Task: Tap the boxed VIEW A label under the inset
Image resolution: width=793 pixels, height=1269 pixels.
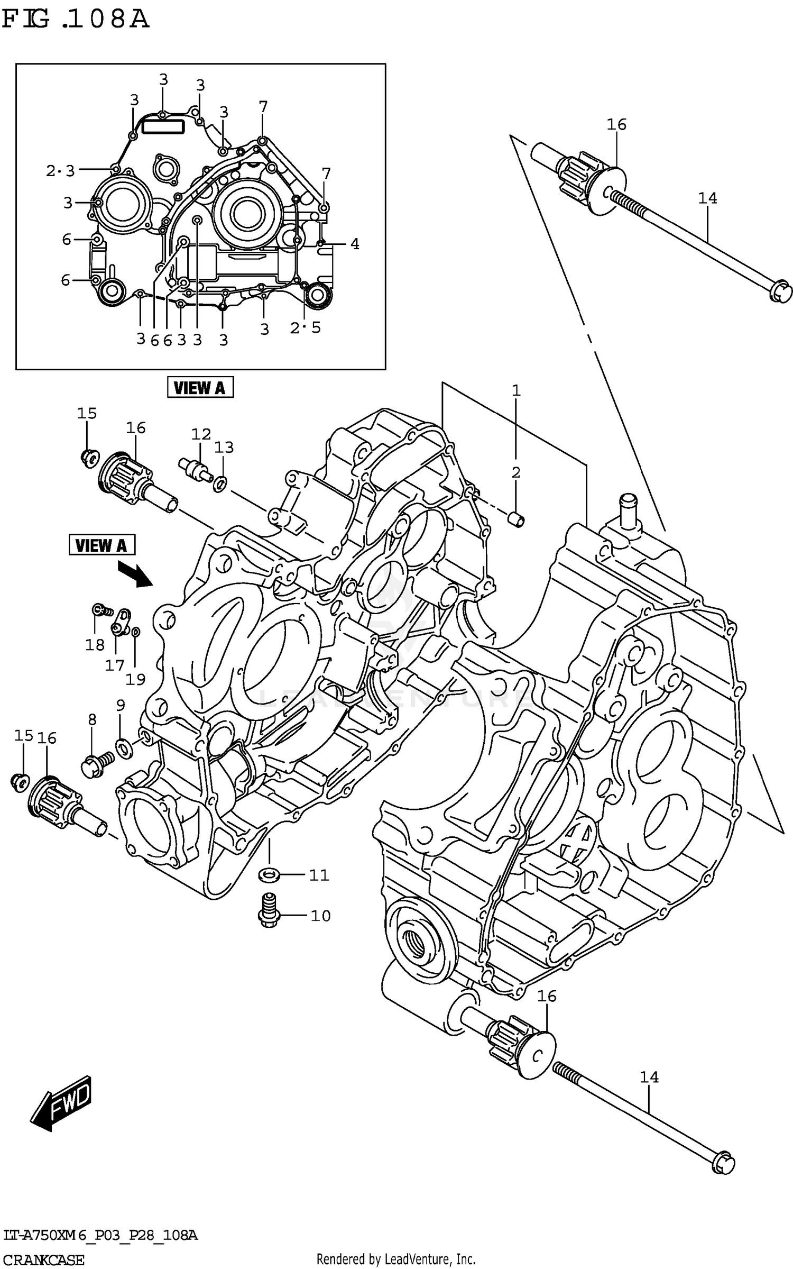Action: point(200,388)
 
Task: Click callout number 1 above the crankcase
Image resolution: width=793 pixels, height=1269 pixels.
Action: point(516,390)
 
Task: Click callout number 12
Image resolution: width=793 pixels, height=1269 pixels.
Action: point(201,434)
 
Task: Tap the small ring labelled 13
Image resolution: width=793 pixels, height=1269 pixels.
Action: point(220,482)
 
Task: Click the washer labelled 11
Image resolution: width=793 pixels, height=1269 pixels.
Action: point(269,874)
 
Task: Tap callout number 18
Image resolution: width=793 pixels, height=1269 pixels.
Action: point(95,645)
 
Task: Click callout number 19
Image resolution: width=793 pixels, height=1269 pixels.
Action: point(135,679)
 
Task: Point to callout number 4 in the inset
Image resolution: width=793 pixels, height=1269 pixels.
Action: point(355,244)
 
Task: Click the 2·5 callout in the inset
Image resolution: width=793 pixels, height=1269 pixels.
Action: point(305,328)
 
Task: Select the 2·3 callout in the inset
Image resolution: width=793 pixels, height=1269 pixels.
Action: point(60,171)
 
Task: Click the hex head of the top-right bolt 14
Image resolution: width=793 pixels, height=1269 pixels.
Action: point(780,293)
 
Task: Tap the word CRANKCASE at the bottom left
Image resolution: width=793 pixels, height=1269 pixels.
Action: point(43,1259)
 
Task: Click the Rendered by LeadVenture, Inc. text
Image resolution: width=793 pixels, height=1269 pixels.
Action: point(395,1259)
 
